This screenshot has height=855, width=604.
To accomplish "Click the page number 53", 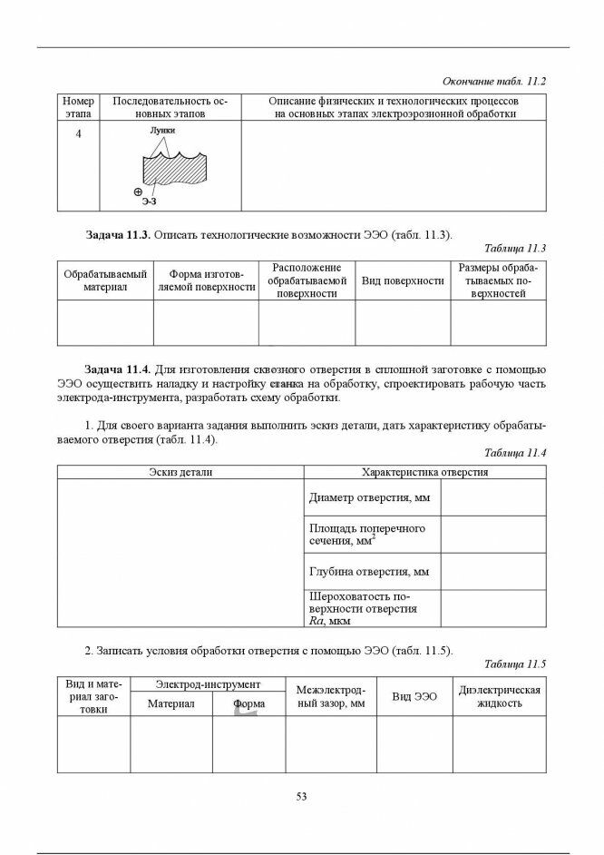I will click(301, 797).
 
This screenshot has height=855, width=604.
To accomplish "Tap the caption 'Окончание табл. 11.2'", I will click(493, 81).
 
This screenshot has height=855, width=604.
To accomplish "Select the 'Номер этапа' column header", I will click(78, 107).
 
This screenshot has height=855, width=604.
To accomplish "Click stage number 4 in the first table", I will click(78, 134).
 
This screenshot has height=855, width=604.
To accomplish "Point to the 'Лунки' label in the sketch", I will click(163, 130).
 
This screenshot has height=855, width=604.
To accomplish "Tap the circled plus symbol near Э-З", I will click(138, 192).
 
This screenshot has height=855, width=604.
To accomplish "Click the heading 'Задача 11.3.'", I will click(117, 234).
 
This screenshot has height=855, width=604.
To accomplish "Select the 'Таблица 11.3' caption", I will click(515, 248).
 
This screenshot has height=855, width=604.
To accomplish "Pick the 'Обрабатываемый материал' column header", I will click(105, 280).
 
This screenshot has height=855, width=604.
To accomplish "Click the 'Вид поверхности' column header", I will click(403, 281).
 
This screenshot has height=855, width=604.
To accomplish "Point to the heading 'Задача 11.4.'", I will click(117, 369).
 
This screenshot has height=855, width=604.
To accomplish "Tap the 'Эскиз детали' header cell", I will click(180, 472).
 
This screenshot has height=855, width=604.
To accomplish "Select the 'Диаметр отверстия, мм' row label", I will click(369, 498).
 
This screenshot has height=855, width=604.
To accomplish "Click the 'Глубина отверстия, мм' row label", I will click(369, 572).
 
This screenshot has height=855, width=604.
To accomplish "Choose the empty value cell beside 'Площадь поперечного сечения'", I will click(492, 534).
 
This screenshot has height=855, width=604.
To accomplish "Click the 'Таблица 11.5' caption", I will click(515, 663).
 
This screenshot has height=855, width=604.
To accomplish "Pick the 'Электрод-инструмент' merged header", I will click(208, 683).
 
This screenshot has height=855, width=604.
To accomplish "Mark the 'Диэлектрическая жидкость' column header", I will click(500, 696).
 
